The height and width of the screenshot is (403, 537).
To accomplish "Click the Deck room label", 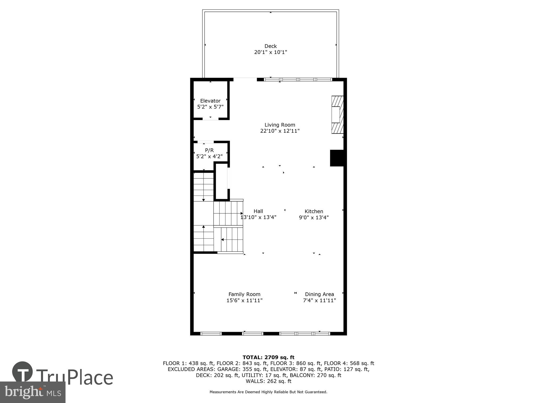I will [270, 46].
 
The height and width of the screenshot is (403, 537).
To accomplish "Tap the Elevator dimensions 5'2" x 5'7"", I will [210, 107].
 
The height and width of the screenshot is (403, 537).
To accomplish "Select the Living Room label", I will [280, 125].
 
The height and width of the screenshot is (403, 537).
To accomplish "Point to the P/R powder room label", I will [209, 150].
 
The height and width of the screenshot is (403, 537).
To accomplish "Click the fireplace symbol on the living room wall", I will [337, 115].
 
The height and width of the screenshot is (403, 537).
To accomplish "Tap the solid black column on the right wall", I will [337, 158].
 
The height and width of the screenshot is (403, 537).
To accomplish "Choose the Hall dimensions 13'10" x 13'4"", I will [258, 217].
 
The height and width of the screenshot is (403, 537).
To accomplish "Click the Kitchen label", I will [314, 211].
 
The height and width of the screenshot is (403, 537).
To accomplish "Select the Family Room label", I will [244, 294].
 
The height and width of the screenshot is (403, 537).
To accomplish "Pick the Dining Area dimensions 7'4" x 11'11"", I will [320, 300].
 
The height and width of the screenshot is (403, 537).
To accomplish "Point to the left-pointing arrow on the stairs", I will [223, 239].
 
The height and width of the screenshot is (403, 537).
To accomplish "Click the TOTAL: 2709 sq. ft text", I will [268, 357].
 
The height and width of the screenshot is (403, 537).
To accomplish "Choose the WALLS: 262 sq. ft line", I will [268, 381].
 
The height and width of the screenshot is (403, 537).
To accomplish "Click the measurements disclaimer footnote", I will [268, 392].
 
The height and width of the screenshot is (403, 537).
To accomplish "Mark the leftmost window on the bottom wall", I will [211, 334].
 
